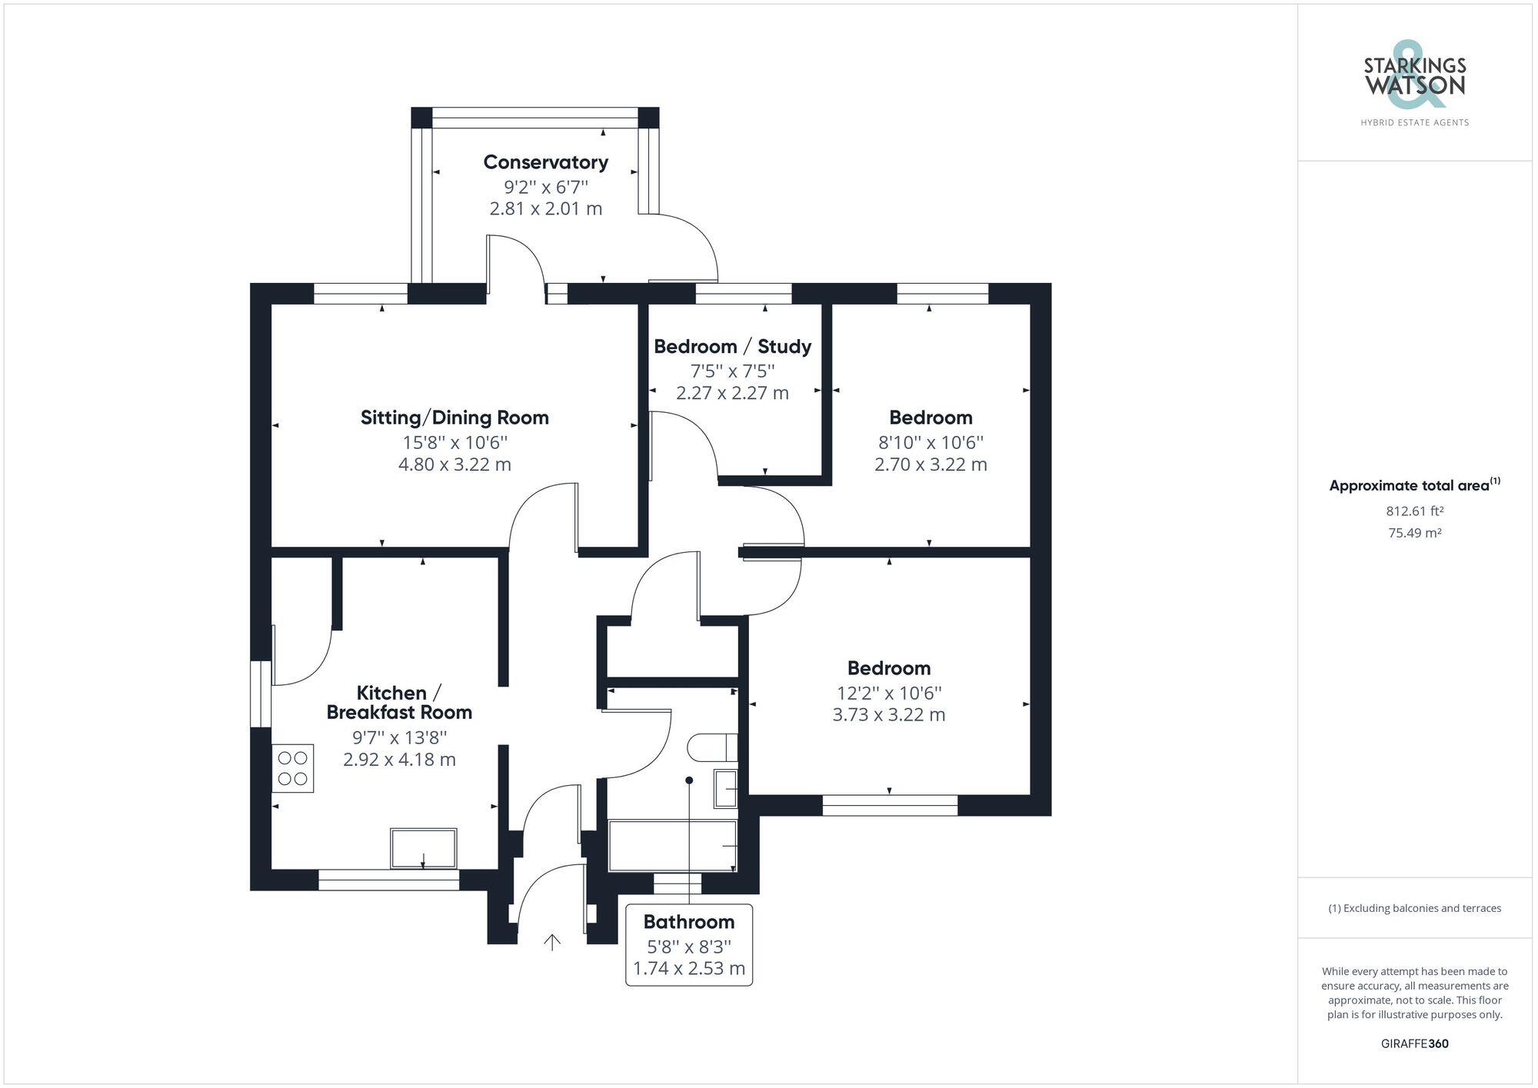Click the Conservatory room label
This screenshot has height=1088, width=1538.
(x=546, y=162)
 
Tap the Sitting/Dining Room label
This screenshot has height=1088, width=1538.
(x=454, y=418)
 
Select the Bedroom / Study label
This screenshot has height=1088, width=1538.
(x=732, y=346)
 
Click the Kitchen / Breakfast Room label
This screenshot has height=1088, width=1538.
(x=399, y=702)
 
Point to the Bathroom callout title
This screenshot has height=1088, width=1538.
(x=689, y=921)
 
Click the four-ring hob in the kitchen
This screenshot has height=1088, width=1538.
(x=293, y=767)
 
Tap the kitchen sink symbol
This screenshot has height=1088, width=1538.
(x=424, y=848)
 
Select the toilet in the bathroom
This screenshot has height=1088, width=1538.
(x=713, y=747)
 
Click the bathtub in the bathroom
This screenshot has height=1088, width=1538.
(x=673, y=846)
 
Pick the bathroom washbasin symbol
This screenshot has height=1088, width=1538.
(x=725, y=788)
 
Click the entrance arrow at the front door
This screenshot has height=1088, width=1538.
(x=552, y=942)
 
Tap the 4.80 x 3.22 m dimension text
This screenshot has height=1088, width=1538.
(x=454, y=464)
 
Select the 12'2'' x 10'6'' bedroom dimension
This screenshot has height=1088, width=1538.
(x=889, y=693)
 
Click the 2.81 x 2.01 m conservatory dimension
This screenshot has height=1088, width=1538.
(x=546, y=208)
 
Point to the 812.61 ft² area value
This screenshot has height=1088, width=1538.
(x=1415, y=511)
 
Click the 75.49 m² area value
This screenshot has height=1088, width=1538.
(x=1415, y=533)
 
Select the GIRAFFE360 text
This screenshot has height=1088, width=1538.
(x=1415, y=1043)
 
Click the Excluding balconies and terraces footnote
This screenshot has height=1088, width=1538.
(x=1415, y=908)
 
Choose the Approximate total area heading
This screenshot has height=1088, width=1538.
(x=1415, y=485)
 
